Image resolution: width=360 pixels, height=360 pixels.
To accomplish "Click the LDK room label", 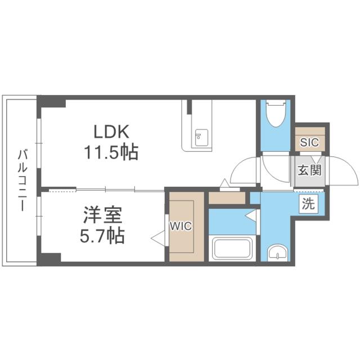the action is (x=111, y=132).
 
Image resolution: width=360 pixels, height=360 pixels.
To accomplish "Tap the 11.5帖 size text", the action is (x=111, y=151).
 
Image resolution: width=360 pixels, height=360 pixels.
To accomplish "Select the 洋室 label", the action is (x=102, y=215).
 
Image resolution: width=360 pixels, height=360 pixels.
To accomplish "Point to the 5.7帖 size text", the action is (x=102, y=235).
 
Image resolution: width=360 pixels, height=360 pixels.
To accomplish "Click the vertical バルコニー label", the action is (x=22, y=180).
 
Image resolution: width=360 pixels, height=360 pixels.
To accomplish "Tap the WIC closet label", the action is (x=181, y=226).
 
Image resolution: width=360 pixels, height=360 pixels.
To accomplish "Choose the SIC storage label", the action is (x=309, y=142).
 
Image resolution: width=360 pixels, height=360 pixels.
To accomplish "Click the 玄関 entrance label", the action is (x=309, y=170).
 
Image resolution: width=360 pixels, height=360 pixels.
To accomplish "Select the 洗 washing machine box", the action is (x=308, y=204).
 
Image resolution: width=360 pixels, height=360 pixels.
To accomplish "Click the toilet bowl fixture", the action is (x=276, y=114).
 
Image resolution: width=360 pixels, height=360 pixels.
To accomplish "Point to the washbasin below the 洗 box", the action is (x=277, y=253).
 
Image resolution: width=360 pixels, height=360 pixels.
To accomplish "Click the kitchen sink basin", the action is (x=201, y=138).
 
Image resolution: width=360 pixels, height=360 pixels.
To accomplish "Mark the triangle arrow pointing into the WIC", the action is (x=157, y=238).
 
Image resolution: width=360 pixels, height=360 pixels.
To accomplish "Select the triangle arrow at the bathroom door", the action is (x=251, y=216).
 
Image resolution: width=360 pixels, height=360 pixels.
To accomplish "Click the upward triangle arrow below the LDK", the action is (x=225, y=183).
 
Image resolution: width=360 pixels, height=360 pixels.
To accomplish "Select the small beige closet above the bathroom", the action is (x=227, y=197).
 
